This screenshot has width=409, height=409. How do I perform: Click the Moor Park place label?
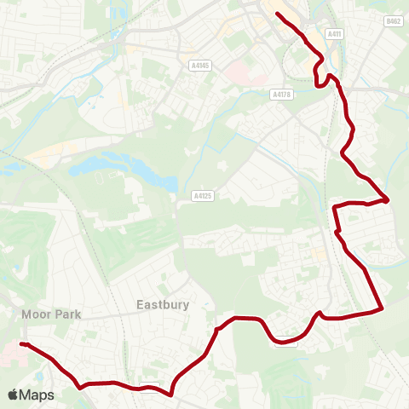click(52, 314)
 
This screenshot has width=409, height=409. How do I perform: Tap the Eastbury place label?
click(162, 303)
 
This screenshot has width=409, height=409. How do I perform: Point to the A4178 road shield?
click(282, 95)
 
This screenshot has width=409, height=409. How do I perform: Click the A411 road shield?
click(334, 33)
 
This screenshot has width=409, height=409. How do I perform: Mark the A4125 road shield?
click(202, 196)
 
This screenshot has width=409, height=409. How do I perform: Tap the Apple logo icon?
click(14, 395)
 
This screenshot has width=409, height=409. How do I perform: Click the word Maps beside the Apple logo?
click(38, 395)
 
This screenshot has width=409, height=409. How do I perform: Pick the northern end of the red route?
click(278, 14)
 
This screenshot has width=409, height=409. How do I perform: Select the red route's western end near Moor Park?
click(21, 344)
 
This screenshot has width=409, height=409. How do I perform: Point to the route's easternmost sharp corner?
click(389, 201)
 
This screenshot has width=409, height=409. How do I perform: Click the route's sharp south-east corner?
click(383, 308)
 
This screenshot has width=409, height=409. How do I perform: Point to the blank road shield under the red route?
click(286, 343)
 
